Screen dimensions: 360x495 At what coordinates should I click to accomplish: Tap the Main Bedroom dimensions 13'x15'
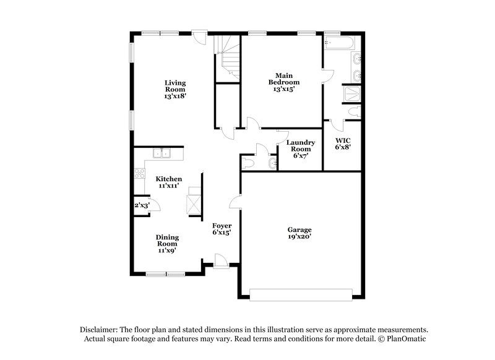pos(284,89)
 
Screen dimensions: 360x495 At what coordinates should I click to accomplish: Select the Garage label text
pos(299,229)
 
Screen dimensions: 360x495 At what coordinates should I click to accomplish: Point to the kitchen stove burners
pos(139,173)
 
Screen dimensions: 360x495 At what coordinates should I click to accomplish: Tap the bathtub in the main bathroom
pos(338,43)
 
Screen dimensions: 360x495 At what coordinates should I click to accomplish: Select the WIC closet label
pos(342,140)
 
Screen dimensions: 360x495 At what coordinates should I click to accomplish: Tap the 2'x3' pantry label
pos(142,205)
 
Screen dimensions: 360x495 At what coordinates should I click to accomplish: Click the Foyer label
pos(222,226)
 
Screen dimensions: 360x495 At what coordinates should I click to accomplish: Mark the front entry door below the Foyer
pos(220,262)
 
